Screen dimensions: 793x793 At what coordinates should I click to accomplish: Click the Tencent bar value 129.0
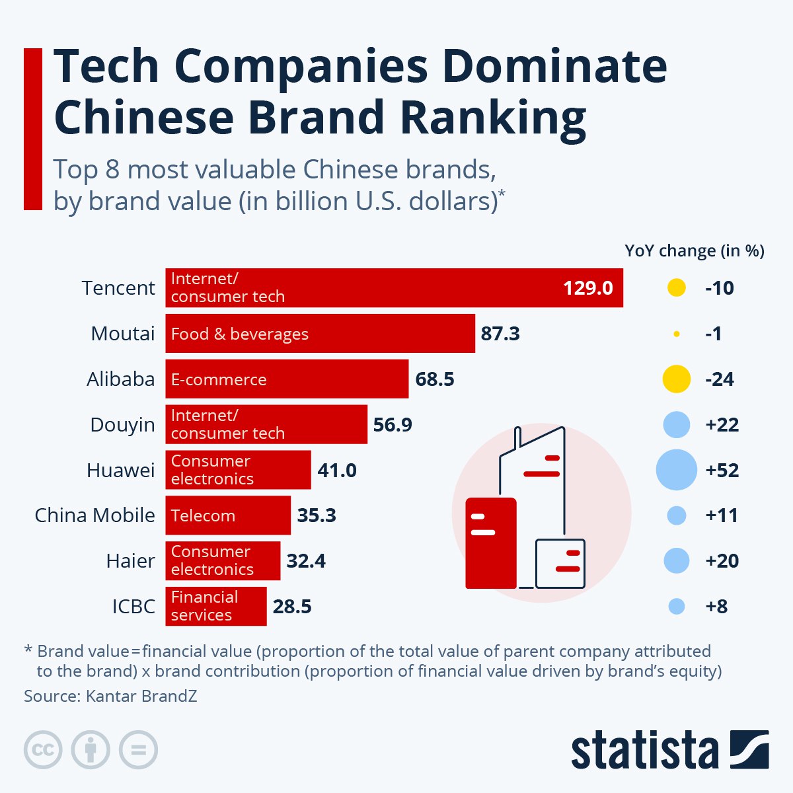587,288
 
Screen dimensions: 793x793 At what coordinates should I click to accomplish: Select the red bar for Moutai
320,334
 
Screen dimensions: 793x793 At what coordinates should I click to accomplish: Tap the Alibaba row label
120,379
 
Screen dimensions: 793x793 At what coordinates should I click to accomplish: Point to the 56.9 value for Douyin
393,424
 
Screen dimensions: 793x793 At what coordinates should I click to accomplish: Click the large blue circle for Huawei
676,470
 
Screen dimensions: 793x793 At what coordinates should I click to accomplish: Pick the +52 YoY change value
722,471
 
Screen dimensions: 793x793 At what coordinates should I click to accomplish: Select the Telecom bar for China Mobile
227,515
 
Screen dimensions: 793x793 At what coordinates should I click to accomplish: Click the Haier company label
130,561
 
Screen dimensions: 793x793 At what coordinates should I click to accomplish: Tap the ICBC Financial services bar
215,606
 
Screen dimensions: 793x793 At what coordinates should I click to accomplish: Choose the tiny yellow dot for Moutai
676,334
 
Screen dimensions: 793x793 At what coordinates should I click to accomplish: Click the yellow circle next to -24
676,379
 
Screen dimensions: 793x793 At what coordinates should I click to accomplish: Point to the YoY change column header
694,251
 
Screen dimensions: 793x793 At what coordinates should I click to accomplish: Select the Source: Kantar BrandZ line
110,696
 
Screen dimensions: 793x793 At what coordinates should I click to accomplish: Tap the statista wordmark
644,751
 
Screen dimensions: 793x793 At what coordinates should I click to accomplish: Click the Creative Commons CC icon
43,750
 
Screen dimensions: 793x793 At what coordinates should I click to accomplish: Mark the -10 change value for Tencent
719,288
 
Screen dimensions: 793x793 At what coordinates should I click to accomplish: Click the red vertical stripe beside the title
33,129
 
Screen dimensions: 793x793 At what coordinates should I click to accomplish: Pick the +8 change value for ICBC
716,607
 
